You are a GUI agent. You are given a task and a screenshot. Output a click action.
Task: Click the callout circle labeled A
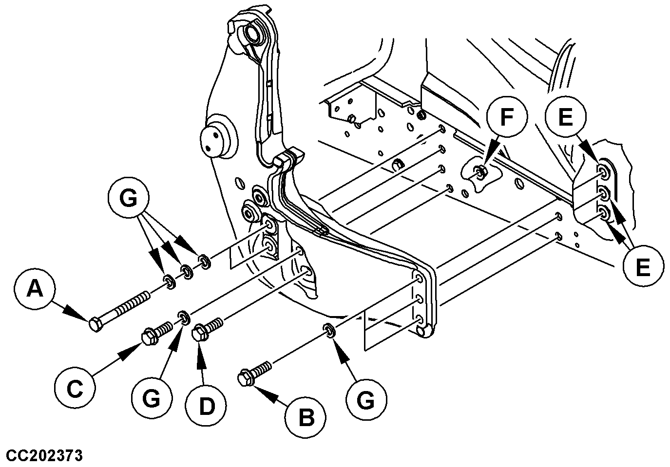34,291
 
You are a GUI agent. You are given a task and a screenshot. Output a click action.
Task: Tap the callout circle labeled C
74,389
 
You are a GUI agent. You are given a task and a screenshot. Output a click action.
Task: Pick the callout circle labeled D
207,406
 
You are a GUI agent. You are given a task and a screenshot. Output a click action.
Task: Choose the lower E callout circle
643,267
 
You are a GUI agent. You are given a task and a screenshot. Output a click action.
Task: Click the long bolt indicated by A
119,310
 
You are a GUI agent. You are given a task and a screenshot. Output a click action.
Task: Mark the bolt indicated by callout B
254,372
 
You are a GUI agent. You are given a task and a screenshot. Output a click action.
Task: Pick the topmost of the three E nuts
603,173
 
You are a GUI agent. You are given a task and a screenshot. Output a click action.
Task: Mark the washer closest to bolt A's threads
169,281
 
